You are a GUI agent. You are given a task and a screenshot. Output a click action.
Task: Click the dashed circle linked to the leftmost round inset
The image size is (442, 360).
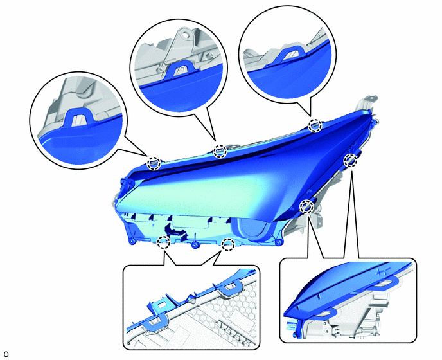coord(154,163)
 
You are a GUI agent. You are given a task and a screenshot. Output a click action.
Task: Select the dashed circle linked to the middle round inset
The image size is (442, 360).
coord(220,152)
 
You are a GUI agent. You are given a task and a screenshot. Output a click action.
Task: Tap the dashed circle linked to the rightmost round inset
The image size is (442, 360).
coord(315,125)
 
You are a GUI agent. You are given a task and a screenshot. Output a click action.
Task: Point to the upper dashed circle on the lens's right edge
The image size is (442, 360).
coord(350,160)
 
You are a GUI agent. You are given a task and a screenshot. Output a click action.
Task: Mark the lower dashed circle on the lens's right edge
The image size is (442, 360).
coord(306,206)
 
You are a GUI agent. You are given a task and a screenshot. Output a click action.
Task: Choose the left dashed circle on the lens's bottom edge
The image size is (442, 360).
coord(163,242)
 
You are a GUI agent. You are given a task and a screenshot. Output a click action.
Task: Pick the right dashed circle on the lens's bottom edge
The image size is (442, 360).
coord(228,244)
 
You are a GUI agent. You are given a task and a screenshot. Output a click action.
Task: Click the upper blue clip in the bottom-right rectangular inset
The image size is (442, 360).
coord(385,283)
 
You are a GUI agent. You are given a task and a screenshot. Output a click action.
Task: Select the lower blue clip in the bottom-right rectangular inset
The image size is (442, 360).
coord(326,314)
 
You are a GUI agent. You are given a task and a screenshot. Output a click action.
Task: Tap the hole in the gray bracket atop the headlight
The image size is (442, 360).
coord(373,98)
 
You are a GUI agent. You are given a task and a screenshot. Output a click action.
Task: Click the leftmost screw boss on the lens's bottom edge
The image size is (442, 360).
coord(132,242)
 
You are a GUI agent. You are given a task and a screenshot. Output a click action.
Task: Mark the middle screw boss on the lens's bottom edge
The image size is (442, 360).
coord(194,246)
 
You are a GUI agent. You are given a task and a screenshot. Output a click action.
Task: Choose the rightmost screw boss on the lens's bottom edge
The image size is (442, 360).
coord(279,242)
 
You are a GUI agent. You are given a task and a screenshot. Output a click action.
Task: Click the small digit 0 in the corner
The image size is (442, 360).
coord(6,354)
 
